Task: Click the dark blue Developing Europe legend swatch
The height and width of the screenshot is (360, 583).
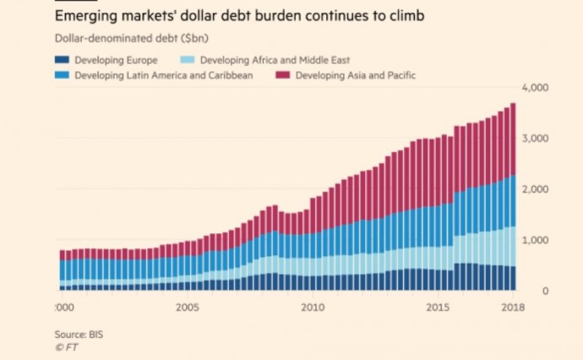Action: [x=62, y=60]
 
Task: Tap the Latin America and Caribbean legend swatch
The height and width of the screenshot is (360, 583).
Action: [x=62, y=75]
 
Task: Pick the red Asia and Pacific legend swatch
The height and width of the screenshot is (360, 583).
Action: [x=283, y=75]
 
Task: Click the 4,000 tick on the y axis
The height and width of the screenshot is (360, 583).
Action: [x=537, y=88]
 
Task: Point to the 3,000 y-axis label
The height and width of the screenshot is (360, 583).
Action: [x=537, y=139]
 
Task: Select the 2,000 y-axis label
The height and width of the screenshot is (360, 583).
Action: [x=537, y=190]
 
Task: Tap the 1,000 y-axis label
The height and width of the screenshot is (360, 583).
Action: [x=537, y=241]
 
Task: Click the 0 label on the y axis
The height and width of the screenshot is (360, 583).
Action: [x=546, y=292]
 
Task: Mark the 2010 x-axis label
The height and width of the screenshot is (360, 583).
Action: [x=313, y=307]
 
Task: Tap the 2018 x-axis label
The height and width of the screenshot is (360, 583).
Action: [x=512, y=307]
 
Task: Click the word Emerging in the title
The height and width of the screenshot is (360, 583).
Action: [x=84, y=15]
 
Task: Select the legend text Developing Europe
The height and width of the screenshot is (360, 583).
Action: [x=116, y=60]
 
